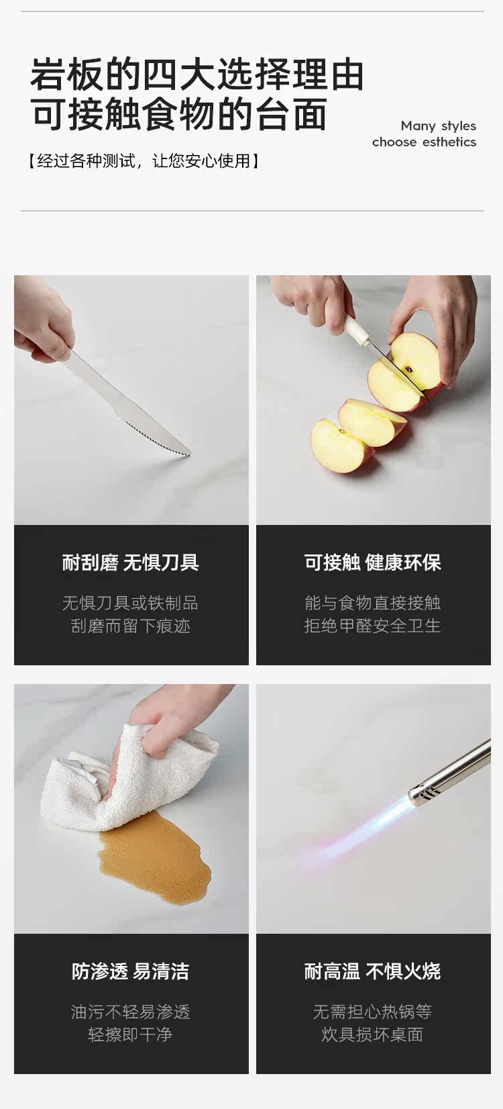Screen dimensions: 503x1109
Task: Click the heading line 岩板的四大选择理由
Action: (197, 75)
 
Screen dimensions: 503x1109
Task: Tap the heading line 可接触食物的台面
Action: (178, 114)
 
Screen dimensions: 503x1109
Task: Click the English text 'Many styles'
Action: (438, 126)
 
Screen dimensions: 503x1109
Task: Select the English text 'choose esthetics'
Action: (424, 142)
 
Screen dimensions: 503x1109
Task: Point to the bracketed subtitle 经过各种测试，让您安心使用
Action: (144, 161)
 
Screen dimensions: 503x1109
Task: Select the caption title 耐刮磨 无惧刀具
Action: (131, 563)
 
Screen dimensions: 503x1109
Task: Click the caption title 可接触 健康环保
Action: (373, 563)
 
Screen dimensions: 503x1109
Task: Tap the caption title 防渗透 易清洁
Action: (131, 971)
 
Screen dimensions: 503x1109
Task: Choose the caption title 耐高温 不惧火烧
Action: (372, 971)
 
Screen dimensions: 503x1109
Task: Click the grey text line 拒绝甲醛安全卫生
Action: (372, 626)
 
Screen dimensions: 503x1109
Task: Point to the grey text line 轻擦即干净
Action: (131, 1034)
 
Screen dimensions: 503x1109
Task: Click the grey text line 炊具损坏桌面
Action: (372, 1034)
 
